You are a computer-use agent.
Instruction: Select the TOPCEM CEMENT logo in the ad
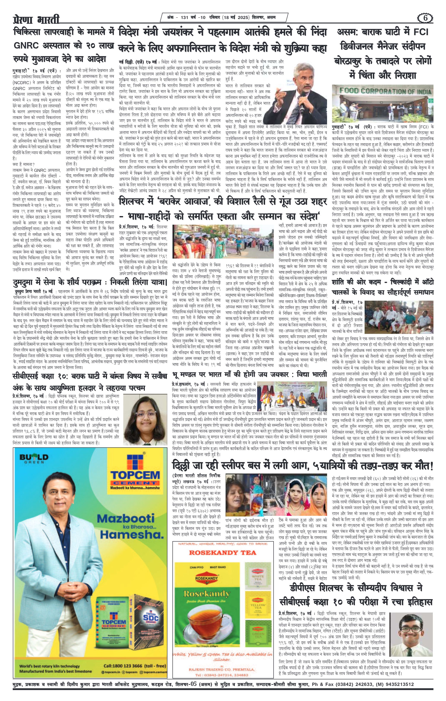point(135,475)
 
